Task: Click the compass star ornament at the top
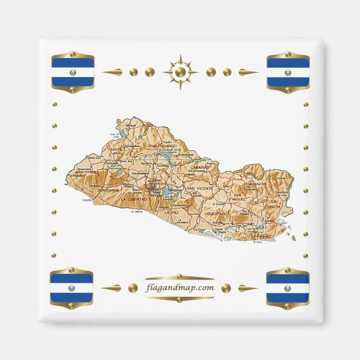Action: (180, 72)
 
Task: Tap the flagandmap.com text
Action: (179, 288)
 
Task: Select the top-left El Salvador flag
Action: (72, 72)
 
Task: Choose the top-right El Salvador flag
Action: (288, 72)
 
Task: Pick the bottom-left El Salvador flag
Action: (72, 288)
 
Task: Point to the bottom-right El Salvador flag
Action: (288, 288)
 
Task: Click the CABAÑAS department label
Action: (199, 167)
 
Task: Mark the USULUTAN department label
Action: (214, 214)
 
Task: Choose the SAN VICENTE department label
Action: (200, 189)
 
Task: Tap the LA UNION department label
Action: (274, 203)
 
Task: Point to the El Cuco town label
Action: (257, 242)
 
